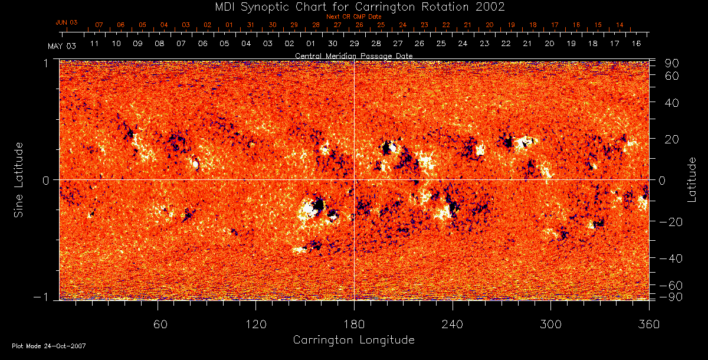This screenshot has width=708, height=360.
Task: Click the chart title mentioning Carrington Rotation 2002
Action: pyautogui.click(x=353, y=6)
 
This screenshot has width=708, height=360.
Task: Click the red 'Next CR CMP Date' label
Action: pyautogui.click(x=353, y=17)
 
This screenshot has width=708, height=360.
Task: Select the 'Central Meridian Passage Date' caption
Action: pyautogui.click(x=353, y=55)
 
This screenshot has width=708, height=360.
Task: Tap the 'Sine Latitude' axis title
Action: pyautogui.click(x=19, y=179)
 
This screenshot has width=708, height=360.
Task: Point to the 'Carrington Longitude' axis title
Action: pyautogui.click(x=353, y=340)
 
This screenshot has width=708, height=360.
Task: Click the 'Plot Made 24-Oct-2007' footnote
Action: pyautogui.click(x=49, y=346)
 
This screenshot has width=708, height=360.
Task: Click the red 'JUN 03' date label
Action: pyautogui.click(x=67, y=22)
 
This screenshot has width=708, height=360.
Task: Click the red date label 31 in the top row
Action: pyautogui.click(x=251, y=25)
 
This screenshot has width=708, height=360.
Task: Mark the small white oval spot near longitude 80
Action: pyautogui.click(x=195, y=164)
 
